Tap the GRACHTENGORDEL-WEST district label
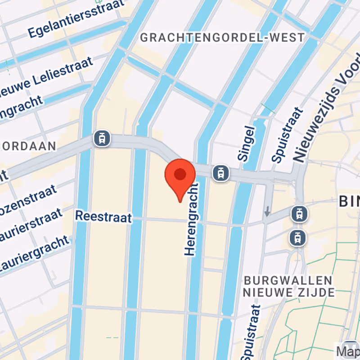(222, 37)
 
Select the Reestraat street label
(103, 217)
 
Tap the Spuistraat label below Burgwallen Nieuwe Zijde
(250, 330)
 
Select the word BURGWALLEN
(288, 280)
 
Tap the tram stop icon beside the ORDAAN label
(102, 139)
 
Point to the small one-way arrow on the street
(268, 211)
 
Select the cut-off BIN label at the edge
(349, 202)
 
